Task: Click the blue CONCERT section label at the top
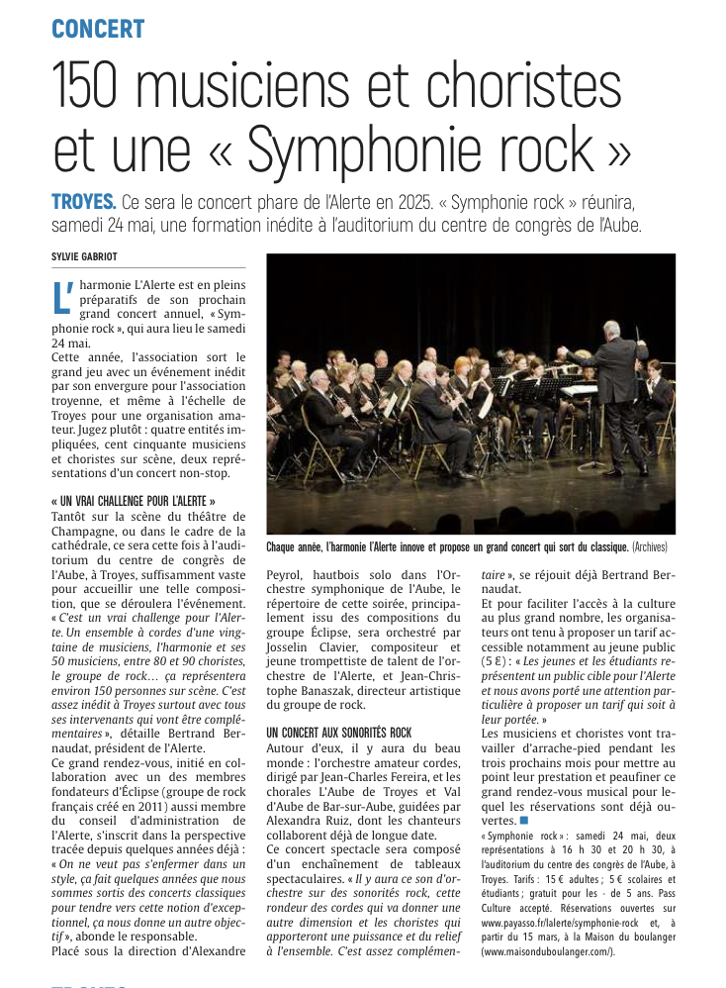pyautogui.click(x=98, y=29)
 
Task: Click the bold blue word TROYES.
pyautogui.click(x=84, y=202)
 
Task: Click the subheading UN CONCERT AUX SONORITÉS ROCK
pyautogui.click(x=339, y=732)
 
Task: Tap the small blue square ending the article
pyautogui.click(x=524, y=821)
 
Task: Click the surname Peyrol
pyautogui.click(x=287, y=574)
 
